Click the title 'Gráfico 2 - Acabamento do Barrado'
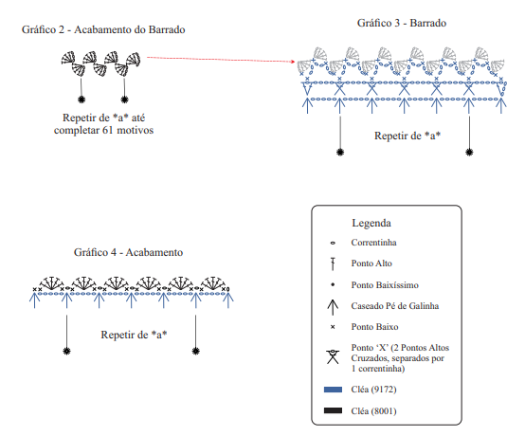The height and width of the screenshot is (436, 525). coord(103,29)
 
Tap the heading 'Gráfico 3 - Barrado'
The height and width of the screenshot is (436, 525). coord(402,23)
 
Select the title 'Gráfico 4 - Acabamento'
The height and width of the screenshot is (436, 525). coord(128,252)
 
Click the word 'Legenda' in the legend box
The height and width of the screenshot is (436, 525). coord(371,223)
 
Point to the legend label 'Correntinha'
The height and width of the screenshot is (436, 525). coord(373,242)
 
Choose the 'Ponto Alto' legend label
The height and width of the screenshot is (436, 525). coord(371,263)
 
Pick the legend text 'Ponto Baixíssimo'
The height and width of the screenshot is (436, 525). coord(385,285)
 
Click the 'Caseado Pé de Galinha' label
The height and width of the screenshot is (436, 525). coord(395,306)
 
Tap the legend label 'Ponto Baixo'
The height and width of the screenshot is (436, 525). coord(374,326)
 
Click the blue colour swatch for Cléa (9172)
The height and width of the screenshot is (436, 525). coord(333,390)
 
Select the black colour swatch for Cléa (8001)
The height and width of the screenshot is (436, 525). coord(333,410)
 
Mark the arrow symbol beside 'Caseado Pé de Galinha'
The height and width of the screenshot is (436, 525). coord(333,307)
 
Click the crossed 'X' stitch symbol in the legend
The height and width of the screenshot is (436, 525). coord(333,357)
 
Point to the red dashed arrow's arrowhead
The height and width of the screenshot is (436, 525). coord(293,62)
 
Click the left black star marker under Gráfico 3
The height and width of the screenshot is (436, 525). coord(340,153)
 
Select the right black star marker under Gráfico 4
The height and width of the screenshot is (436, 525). coord(196,351)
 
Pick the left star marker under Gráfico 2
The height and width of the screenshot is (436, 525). coord(81,100)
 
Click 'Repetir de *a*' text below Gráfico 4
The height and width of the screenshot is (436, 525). coord(134,335)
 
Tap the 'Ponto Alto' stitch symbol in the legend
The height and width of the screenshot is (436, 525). coord(333,263)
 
